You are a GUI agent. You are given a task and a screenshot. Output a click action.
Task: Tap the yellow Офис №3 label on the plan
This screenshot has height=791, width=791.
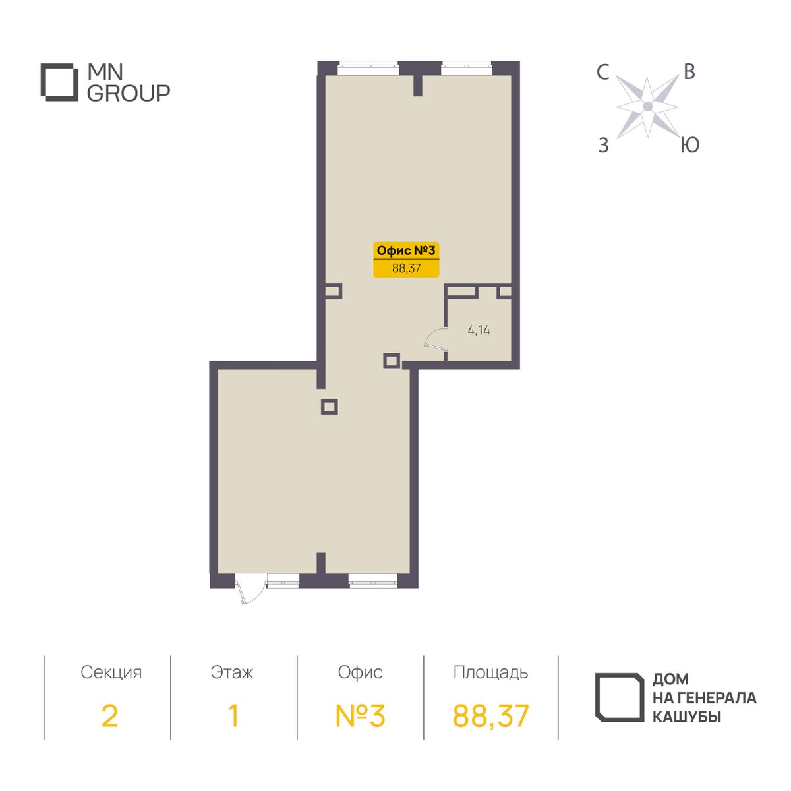pyautogui.click(x=405, y=260)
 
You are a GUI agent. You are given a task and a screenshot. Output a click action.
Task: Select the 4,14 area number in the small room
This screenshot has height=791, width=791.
pyautogui.click(x=479, y=330)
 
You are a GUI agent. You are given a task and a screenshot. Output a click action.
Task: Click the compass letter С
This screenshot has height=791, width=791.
pyautogui.click(x=602, y=73)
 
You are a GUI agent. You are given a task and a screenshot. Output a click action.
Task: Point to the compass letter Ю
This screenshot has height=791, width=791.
pyautogui.click(x=690, y=145)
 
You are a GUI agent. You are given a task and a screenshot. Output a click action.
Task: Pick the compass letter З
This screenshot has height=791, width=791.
pyautogui.click(x=603, y=145)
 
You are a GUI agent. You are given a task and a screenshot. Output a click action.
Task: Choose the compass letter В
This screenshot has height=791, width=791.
pyautogui.click(x=689, y=73)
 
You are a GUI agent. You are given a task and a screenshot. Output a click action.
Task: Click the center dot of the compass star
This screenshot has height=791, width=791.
pyautogui.click(x=648, y=107)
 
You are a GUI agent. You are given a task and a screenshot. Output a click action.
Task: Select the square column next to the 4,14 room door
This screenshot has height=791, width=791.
pyautogui.click(x=391, y=361)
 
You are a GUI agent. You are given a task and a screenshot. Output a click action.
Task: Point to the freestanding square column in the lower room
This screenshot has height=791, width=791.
pyautogui.click(x=329, y=407)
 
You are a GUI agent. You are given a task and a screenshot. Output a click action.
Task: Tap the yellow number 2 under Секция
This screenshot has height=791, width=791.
pyautogui.click(x=109, y=716)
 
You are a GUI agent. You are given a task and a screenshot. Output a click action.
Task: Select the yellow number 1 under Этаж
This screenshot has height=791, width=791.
pyautogui.click(x=233, y=716)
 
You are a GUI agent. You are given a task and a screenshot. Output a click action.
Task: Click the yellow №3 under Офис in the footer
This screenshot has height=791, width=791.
pyautogui.click(x=360, y=716)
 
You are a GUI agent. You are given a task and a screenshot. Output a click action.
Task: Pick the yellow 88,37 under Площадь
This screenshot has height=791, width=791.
pyautogui.click(x=490, y=717)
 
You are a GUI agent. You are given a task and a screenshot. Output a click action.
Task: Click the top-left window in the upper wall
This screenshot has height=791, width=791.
pyautogui.click(x=368, y=68)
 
